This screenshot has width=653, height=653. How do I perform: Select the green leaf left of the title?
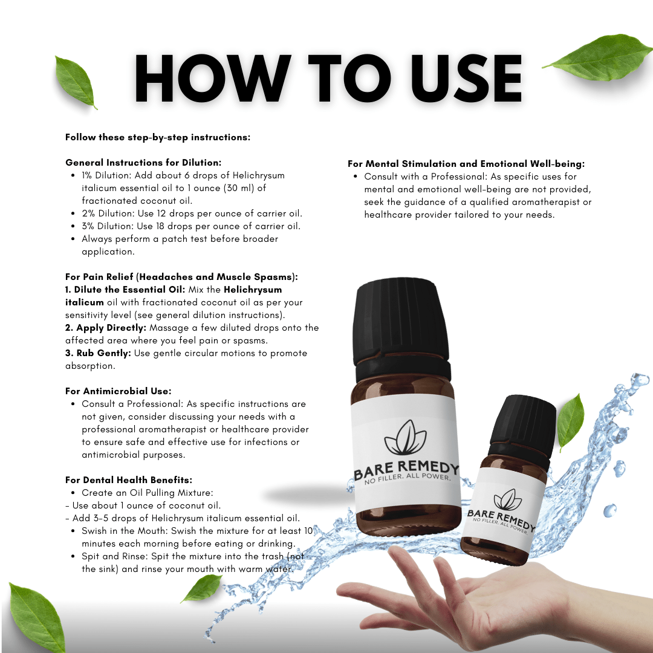[76, 82]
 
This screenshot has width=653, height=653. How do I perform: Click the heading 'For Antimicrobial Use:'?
[119, 391]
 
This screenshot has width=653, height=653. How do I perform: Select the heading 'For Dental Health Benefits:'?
[129, 480]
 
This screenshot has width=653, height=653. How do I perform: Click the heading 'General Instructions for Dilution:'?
[143, 163]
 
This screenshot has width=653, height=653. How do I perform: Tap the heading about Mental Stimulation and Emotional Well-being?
[466, 164]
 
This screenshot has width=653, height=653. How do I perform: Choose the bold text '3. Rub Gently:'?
[97, 353]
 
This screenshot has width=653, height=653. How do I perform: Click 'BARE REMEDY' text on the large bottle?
[406, 470]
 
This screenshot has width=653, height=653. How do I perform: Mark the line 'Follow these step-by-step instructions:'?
[158, 137]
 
